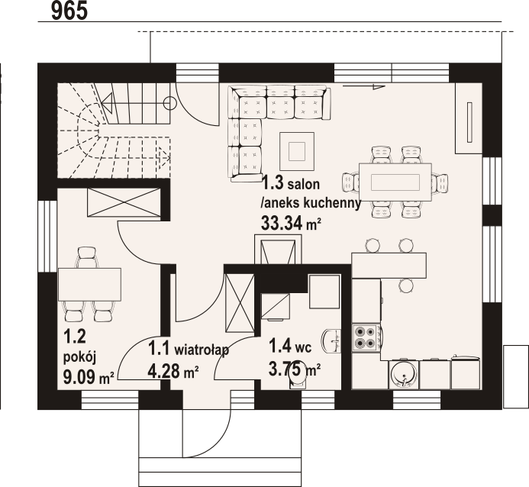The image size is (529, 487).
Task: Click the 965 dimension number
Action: (x=69, y=10)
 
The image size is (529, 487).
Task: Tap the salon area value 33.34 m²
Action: (x=291, y=223)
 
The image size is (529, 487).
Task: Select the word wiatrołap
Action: (x=202, y=350)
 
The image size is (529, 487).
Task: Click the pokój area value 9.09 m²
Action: (x=89, y=377)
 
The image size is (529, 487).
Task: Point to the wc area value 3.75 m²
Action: (x=294, y=369)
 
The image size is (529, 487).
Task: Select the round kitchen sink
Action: (x=404, y=375)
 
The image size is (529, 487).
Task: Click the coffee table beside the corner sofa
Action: (x=297, y=151)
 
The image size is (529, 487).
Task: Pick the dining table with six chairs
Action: (x=395, y=182)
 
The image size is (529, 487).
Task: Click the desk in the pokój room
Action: (x=89, y=284)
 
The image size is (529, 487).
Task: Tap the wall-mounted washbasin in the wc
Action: (x=332, y=340)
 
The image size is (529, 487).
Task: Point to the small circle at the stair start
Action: (x=170, y=102)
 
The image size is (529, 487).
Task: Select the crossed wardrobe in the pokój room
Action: (x=124, y=202)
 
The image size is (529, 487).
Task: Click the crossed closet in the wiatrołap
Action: (x=240, y=303)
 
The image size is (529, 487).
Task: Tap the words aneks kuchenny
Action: (x=311, y=203)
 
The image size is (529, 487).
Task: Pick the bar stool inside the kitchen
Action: (x=406, y=285)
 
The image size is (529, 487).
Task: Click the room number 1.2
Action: (x=75, y=337)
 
